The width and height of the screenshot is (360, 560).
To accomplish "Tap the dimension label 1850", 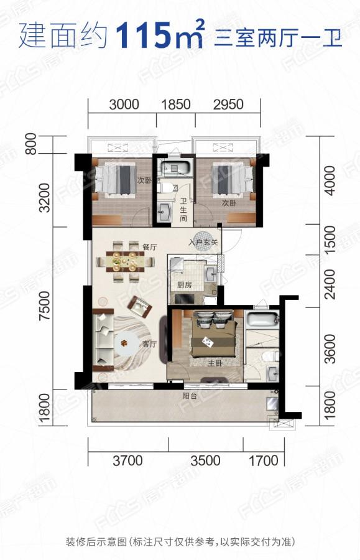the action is pos(175,105).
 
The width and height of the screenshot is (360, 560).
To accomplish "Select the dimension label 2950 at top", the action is pos(228,105).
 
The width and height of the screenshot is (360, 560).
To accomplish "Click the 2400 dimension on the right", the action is pos(330,284).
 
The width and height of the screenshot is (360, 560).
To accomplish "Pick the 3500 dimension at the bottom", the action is pos(205,460).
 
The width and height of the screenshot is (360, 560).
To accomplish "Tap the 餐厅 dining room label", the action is pos(149,247).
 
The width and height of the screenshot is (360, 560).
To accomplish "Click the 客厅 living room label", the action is pos(149,344).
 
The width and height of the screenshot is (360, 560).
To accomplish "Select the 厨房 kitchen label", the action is pos(185,284).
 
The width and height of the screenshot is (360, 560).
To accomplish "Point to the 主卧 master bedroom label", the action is pos(215,363).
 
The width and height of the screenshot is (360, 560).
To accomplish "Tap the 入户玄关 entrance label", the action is pos(203,242).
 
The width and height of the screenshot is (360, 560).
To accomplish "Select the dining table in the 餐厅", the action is pos(125,262).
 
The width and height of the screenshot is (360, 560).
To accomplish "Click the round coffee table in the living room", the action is pos(124,343).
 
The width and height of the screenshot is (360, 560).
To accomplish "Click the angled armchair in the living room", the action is pos(140,306).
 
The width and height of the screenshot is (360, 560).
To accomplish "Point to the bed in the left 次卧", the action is pos(115,179).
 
